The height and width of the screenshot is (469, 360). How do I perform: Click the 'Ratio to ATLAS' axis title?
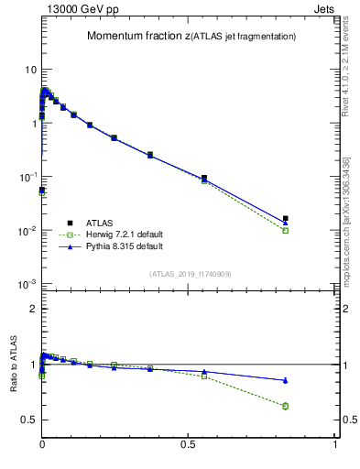click(x=14, y=365)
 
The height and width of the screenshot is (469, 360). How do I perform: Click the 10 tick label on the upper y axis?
click(x=30, y=70)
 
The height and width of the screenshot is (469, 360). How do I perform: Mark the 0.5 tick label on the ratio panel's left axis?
click(x=28, y=420)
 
